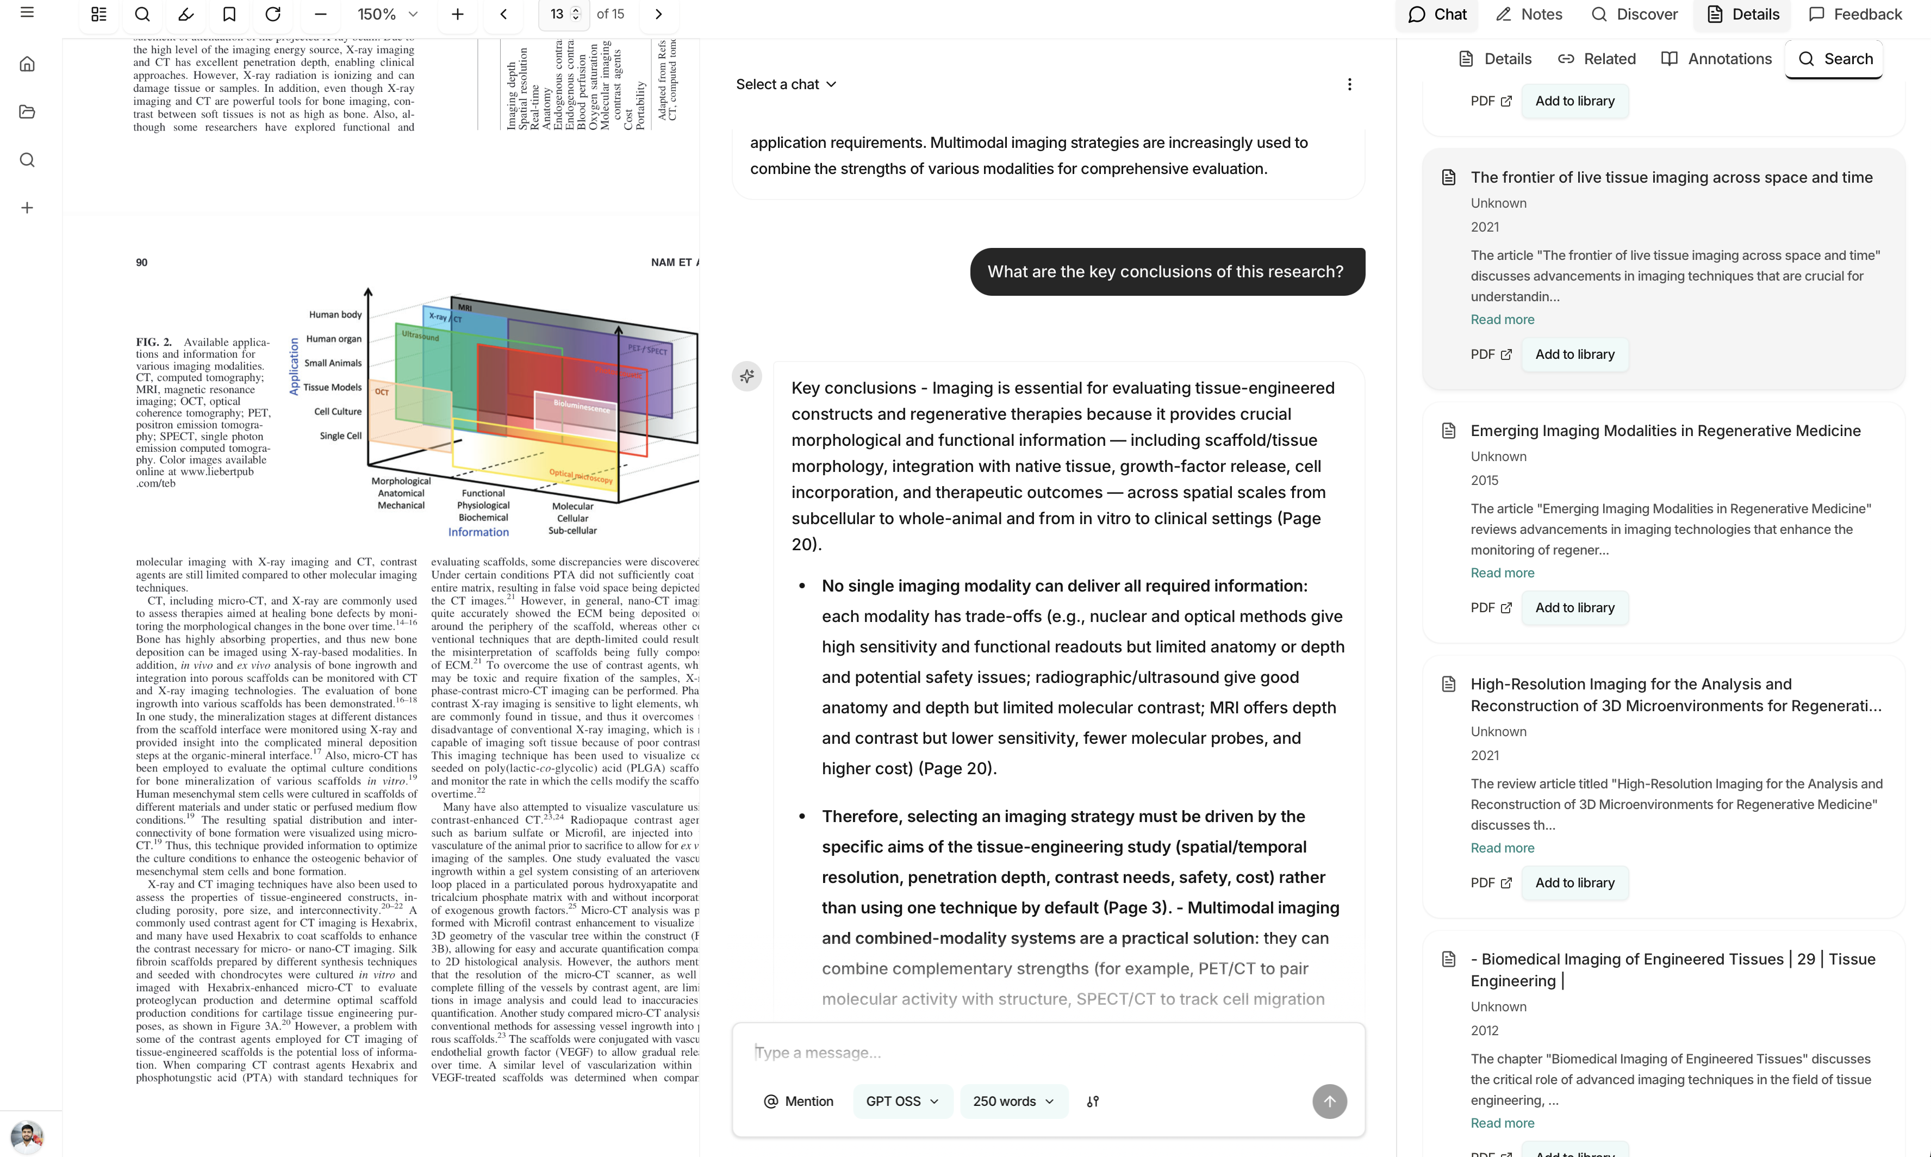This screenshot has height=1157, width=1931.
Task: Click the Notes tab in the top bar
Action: (1529, 14)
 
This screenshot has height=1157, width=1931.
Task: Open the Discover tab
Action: (1634, 14)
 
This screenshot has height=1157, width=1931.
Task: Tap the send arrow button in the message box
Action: (1329, 1101)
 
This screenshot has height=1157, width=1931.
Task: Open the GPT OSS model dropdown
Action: (902, 1101)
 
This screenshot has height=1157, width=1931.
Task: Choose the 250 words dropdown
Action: (1013, 1101)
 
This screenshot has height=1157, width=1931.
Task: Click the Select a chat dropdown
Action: (786, 84)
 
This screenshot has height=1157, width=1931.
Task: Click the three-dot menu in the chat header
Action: (1349, 84)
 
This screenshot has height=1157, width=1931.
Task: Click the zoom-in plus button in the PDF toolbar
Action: (458, 14)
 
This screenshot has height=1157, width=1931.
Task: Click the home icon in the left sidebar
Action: (27, 64)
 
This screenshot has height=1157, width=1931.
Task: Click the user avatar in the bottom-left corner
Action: (27, 1136)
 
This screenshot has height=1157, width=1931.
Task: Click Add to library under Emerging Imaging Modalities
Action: (1574, 607)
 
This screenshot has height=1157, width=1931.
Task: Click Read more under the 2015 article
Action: (1502, 573)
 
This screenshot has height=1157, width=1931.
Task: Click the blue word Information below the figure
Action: (478, 532)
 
